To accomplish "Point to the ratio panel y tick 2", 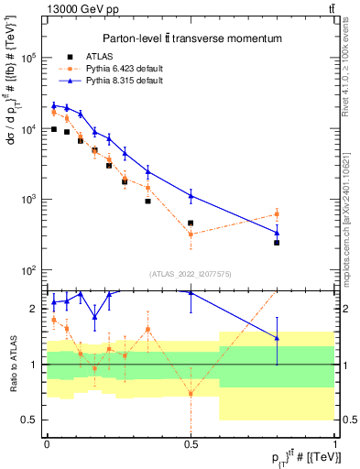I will coord(35,309).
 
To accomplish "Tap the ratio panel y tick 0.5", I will coord(31,420).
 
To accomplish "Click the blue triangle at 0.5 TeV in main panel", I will coord(191,195).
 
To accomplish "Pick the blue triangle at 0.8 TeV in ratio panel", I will coord(277,338).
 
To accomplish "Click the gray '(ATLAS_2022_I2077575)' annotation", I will coord(191,273).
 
